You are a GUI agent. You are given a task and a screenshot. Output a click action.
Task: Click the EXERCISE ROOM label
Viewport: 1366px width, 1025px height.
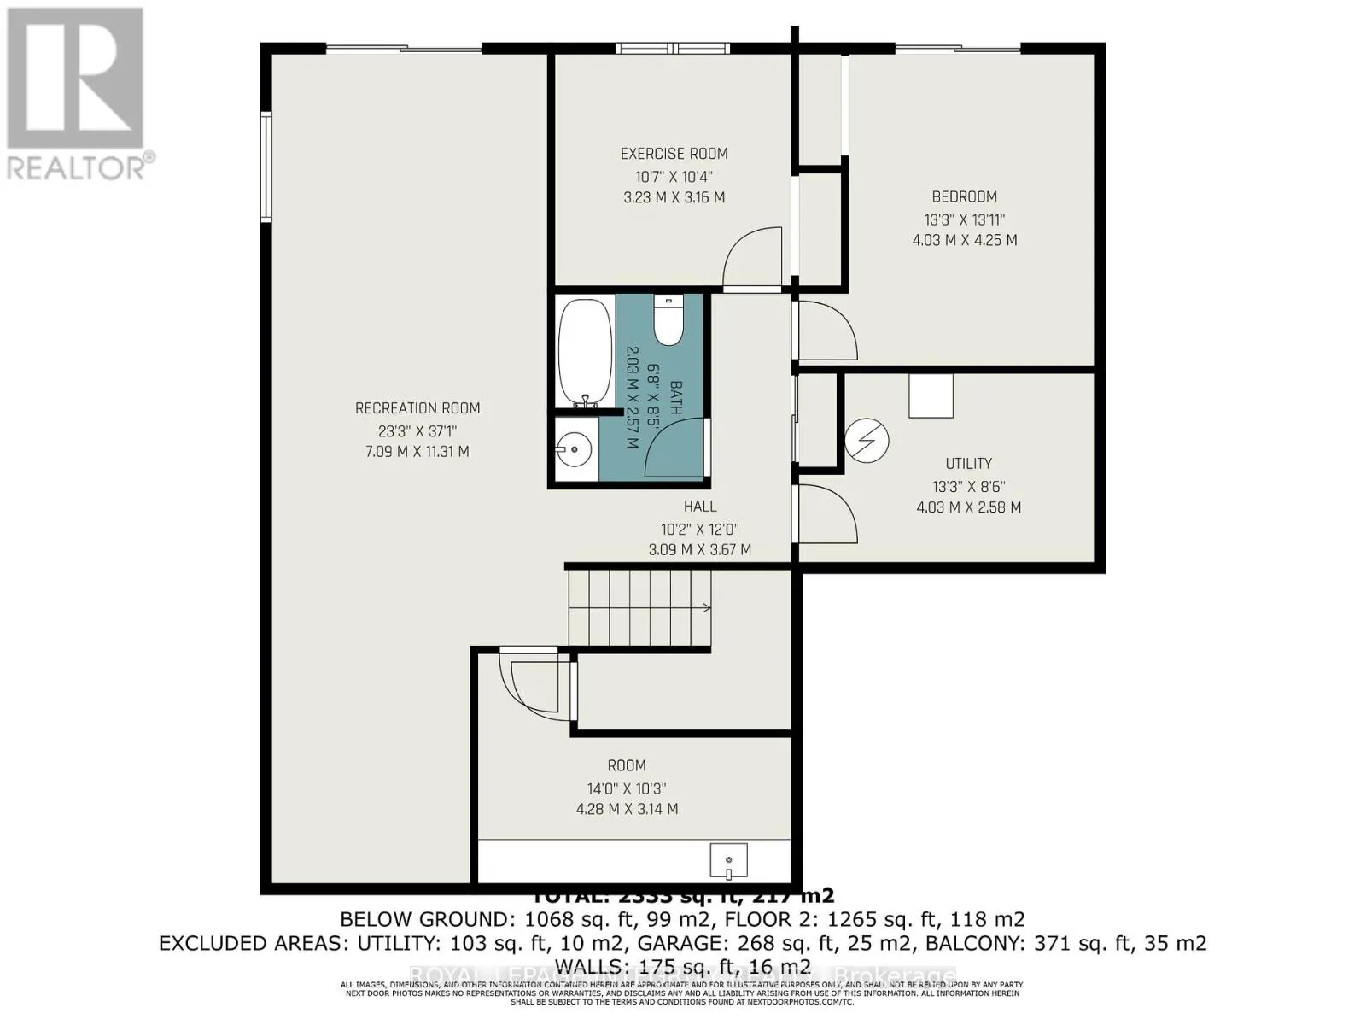[x=674, y=154]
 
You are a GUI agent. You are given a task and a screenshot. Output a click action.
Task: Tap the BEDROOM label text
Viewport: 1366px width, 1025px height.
[x=964, y=196]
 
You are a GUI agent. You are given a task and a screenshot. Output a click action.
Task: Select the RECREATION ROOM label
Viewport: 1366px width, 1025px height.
[x=417, y=408]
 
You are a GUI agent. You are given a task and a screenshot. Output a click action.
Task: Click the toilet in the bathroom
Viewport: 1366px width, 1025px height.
[x=668, y=319]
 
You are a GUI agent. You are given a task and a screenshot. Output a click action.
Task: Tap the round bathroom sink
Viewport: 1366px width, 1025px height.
[x=574, y=448]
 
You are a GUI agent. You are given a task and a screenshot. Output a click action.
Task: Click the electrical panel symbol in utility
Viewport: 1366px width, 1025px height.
[x=867, y=441]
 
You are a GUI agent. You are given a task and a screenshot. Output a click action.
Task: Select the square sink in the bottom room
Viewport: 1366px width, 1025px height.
[x=728, y=859]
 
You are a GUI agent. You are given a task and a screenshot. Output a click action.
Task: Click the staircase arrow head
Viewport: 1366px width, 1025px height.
[x=706, y=608]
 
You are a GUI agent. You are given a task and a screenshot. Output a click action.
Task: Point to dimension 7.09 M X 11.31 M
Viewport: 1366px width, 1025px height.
[x=417, y=452]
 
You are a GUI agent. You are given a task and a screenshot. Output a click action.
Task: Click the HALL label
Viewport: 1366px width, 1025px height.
[x=699, y=507]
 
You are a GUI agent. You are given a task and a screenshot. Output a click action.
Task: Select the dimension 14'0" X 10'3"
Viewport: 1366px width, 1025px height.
[x=627, y=788]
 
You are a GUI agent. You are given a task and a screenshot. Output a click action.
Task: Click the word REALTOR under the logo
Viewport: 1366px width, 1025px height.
[x=77, y=167]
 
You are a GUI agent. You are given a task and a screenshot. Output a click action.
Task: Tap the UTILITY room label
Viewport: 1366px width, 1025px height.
[x=968, y=464]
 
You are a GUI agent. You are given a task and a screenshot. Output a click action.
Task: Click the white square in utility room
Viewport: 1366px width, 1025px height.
[x=930, y=396]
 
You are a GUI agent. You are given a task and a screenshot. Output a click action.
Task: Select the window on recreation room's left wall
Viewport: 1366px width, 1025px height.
[x=266, y=167]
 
